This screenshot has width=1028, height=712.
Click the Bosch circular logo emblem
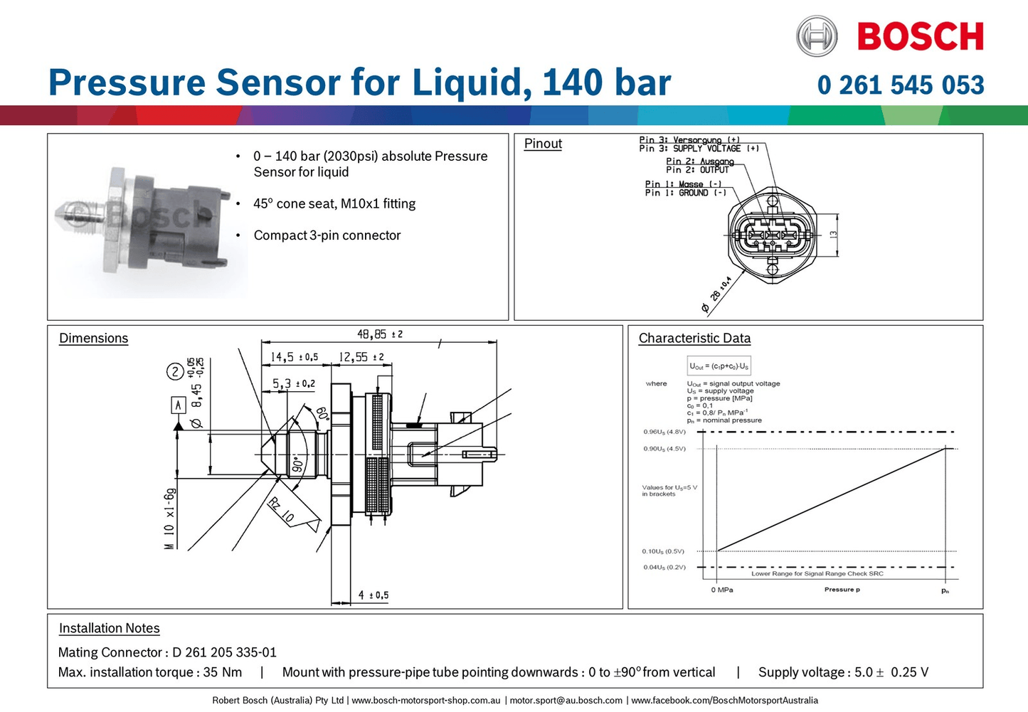pyautogui.click(x=816, y=36)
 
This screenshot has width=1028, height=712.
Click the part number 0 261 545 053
pyautogui.click(x=901, y=85)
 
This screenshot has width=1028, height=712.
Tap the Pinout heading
pyautogui.click(x=543, y=144)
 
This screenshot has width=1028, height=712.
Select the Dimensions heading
pyautogui.click(x=93, y=339)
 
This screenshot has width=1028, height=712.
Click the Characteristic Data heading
pyautogui.click(x=694, y=339)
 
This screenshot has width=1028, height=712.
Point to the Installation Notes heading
pyautogui.click(x=109, y=628)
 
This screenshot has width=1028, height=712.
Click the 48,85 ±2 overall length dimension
pyautogui.click(x=379, y=334)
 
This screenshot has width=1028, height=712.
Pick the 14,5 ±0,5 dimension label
pyautogui.click(x=294, y=357)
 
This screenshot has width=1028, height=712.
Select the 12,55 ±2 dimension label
pyautogui.click(x=361, y=357)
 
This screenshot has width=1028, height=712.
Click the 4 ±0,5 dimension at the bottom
pyautogui.click(x=373, y=595)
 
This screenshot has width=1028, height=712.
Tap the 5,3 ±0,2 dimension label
pyautogui.click(x=293, y=384)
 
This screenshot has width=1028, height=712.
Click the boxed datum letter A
pyautogui.click(x=178, y=405)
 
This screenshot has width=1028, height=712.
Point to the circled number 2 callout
pyautogui.click(x=175, y=371)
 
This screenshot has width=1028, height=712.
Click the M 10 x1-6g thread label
pyautogui.click(x=169, y=519)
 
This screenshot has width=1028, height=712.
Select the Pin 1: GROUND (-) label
pyautogui.click(x=685, y=193)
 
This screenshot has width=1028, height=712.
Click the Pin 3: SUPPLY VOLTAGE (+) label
pyautogui.click(x=699, y=149)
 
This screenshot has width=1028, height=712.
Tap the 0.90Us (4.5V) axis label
pyautogui.click(x=664, y=449)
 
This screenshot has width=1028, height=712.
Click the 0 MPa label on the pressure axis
pyautogui.click(x=721, y=590)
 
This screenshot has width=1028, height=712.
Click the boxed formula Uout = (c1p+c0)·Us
pyautogui.click(x=719, y=366)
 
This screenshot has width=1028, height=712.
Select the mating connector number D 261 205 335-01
pyautogui.click(x=224, y=652)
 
